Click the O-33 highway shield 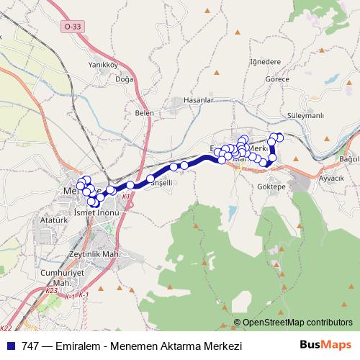(72, 26)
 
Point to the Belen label (145, 112)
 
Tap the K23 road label (51, 291)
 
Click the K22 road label (6, 328)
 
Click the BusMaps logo (331, 346)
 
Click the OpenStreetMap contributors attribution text (297, 323)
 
